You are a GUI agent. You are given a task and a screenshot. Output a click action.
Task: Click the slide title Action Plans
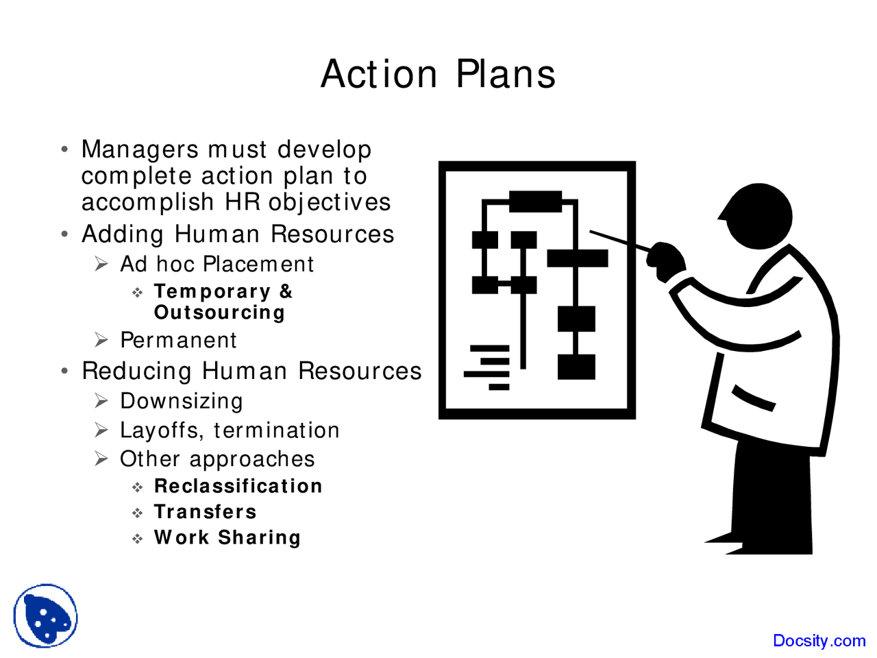pos(438,74)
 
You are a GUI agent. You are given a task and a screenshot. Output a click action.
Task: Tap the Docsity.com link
pos(819,641)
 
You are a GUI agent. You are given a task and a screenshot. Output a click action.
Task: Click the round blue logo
pos(45,616)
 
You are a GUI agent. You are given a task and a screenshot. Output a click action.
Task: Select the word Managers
pos(140,149)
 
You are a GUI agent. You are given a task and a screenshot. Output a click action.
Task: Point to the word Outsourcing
pos(219,313)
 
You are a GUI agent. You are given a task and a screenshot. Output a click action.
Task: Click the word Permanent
pos(178,340)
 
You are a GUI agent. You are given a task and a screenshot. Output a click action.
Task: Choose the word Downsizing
pos(181,401)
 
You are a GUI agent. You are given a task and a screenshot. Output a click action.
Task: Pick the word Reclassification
pos(238,486)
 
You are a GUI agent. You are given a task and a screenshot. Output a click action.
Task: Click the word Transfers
pos(205,512)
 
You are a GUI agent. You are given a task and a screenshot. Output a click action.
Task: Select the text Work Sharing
pos(227,538)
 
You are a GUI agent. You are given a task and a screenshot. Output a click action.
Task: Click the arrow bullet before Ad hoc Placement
pos(101,264)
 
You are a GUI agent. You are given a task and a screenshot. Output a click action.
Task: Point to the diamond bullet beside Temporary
pos(138,293)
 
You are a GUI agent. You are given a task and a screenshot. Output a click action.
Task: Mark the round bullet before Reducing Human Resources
pos(64,371)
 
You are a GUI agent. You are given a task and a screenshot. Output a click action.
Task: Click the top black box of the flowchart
pos(535,202)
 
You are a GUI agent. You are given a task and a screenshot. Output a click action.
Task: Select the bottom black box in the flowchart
pos(576,367)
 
